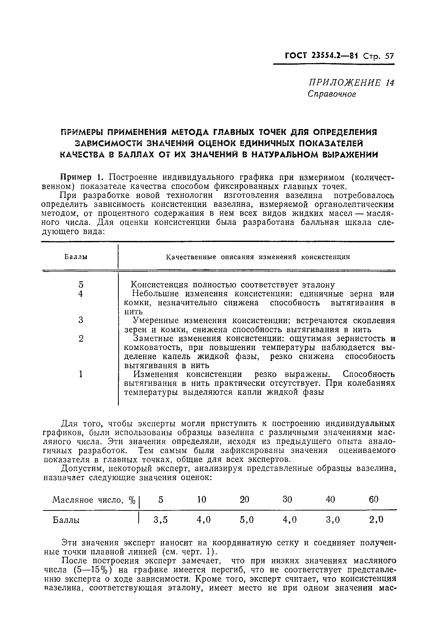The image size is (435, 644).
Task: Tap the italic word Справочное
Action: point(332,94)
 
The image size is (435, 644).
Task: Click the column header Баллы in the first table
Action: point(76,257)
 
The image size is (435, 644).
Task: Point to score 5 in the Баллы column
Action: point(81,285)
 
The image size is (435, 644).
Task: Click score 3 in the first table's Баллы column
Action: point(81,320)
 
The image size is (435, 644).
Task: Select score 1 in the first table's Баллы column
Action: point(81,374)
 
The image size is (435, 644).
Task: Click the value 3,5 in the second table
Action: point(161,520)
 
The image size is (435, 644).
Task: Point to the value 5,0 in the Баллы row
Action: point(246,520)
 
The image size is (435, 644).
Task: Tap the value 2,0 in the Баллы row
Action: point(376,520)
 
